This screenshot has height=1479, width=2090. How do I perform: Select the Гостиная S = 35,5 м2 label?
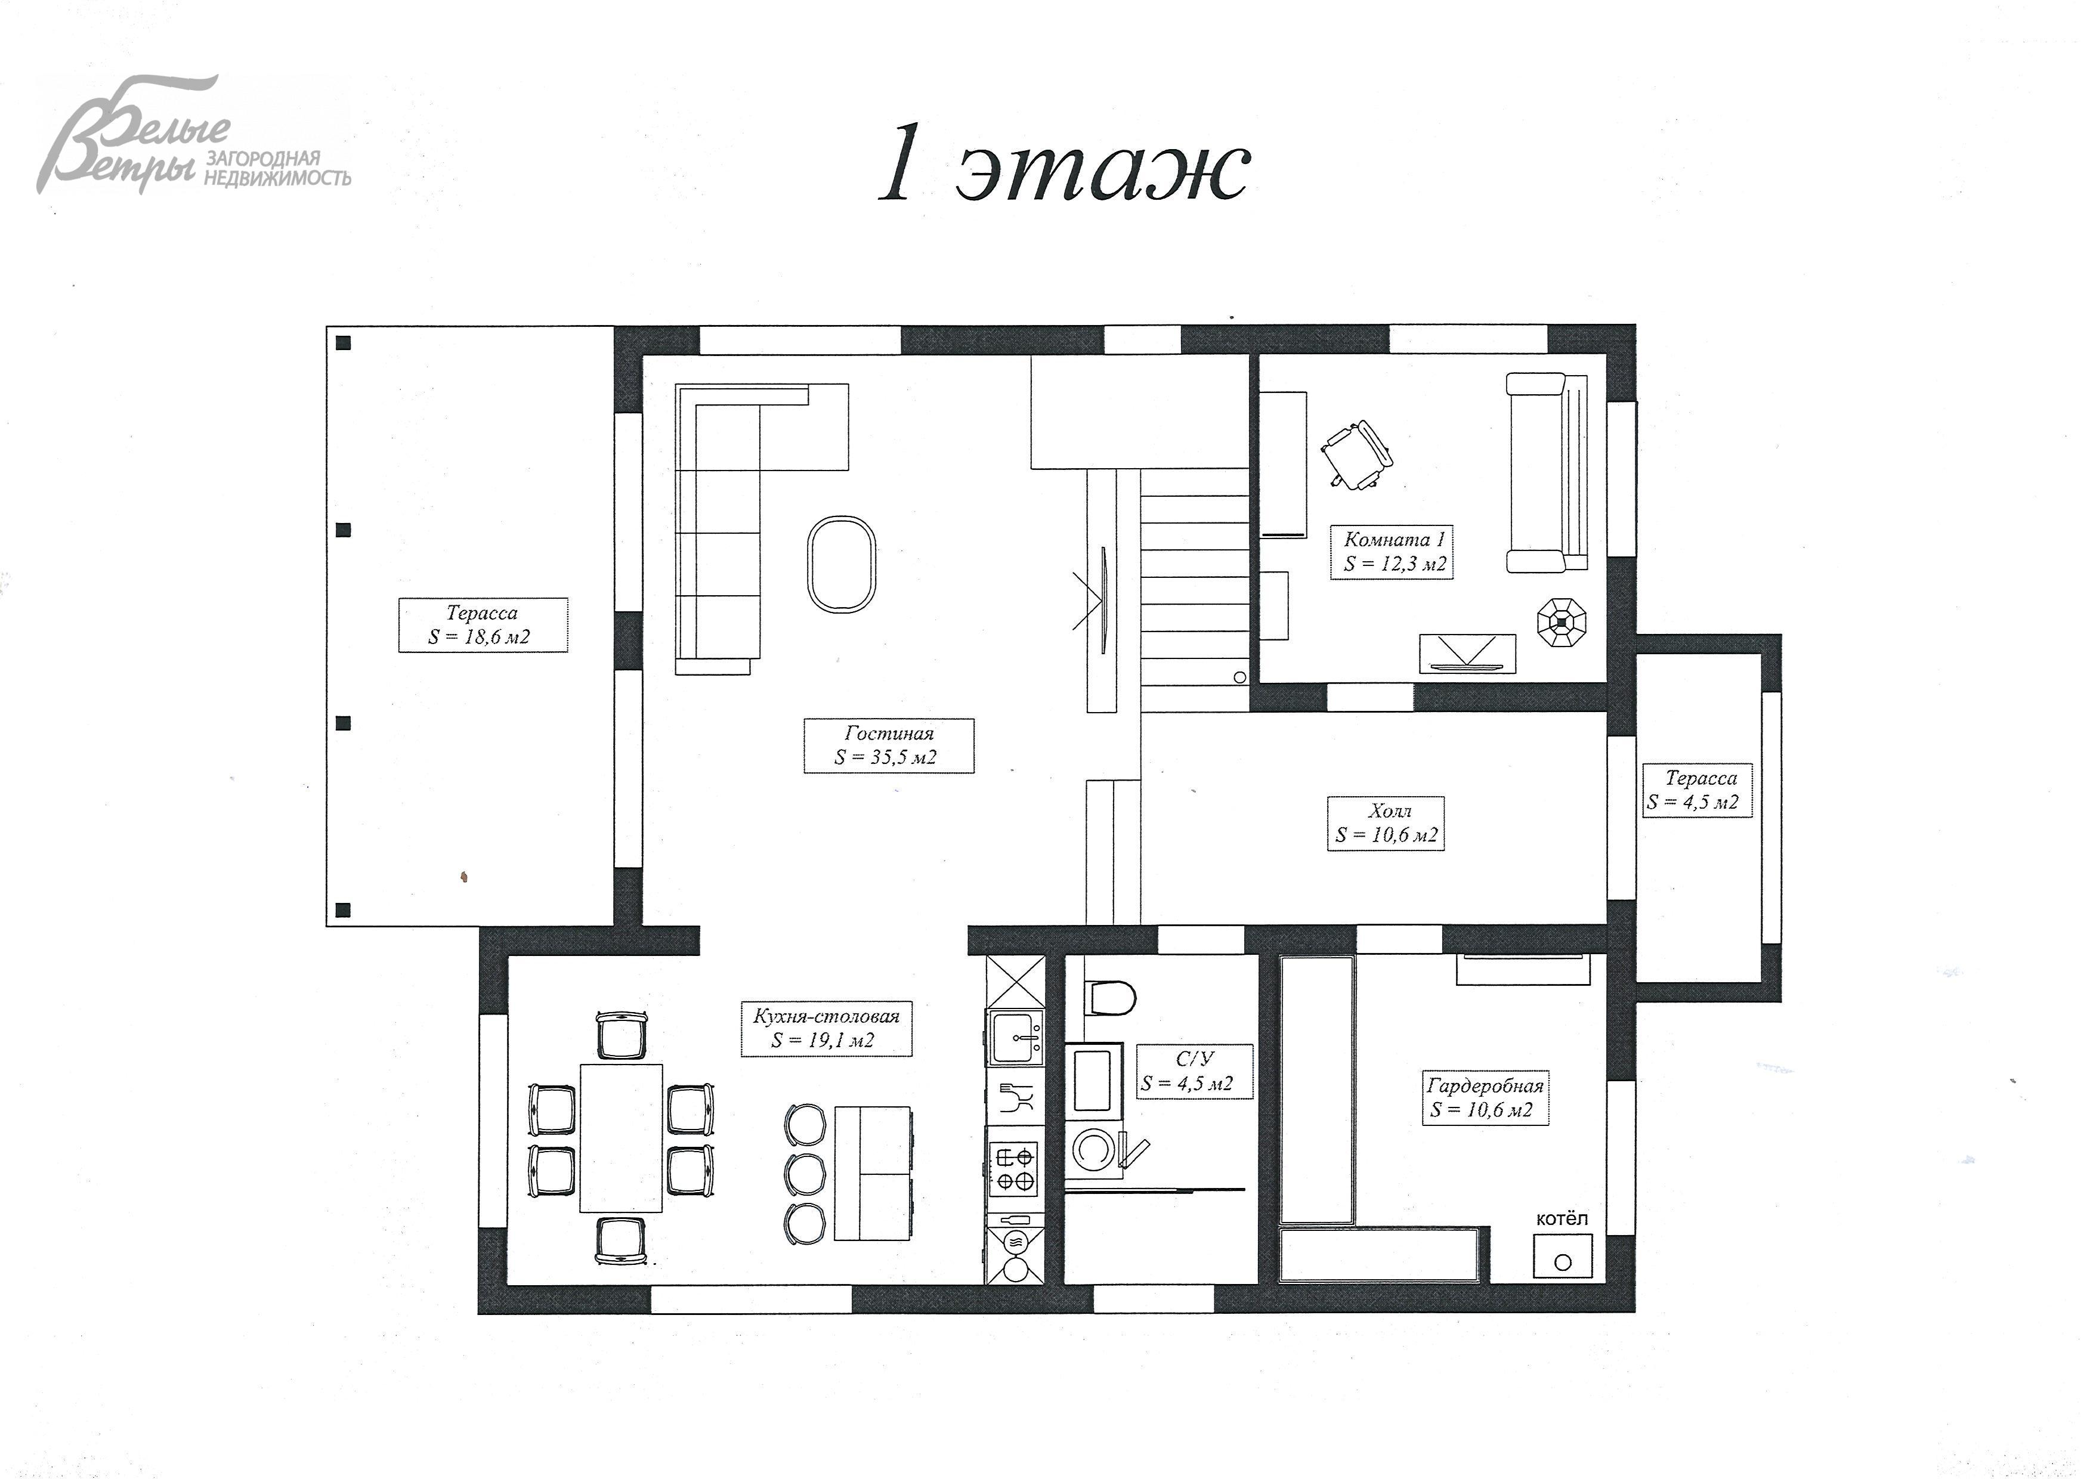tap(889, 745)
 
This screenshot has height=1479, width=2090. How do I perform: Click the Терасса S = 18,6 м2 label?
tap(483, 625)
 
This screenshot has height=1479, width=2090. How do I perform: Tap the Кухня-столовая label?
tap(826, 1028)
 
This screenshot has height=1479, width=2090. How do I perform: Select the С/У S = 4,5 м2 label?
tap(1194, 1071)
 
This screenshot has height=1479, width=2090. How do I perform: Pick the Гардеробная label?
tap(1485, 1097)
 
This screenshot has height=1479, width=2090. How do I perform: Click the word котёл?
tap(1562, 1218)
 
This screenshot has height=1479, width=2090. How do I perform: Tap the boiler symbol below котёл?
tap(1563, 1257)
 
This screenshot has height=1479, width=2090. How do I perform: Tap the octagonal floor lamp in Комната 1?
tap(1562, 622)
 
